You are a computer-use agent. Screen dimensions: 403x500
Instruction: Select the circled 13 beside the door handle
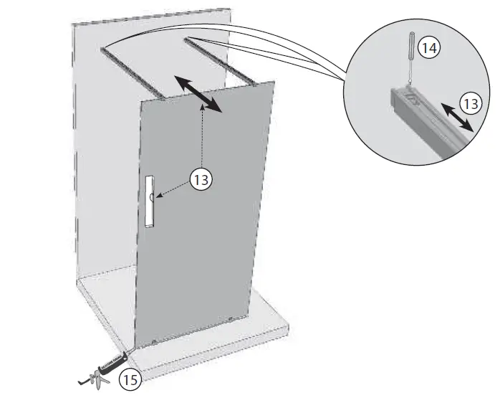pyautogui.click(x=202, y=179)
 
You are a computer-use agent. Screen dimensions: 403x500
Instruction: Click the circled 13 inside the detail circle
pyautogui.click(x=470, y=104)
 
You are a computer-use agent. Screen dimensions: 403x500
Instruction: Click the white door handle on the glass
pyautogui.click(x=149, y=201)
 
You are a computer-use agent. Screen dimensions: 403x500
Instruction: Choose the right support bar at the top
pyautogui.click(x=219, y=60)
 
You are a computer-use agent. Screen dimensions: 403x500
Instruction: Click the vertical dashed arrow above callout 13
pyautogui.click(x=203, y=136)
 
